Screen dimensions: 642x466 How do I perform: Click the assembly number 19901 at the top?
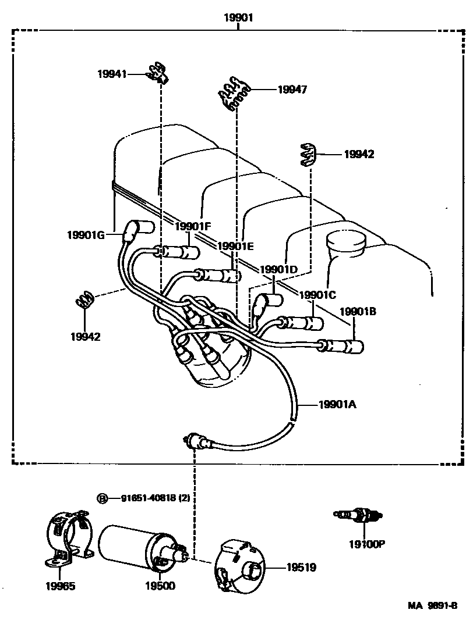pyautogui.click(x=238, y=18)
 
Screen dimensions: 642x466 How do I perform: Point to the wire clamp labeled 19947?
pyautogui.click(x=235, y=93)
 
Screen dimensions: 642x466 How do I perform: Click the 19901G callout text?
pyautogui.click(x=86, y=235)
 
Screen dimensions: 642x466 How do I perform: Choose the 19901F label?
pyautogui.click(x=193, y=226)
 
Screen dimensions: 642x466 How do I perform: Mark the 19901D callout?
pyautogui.click(x=278, y=269)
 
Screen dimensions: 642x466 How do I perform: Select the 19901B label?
pyautogui.click(x=358, y=311)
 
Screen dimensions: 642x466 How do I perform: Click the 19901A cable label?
pyautogui.click(x=337, y=405)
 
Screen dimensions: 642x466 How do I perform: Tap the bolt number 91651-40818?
pyautogui.click(x=155, y=498)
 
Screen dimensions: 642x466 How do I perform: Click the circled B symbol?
pyautogui.click(x=103, y=498)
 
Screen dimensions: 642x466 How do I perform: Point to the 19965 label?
pyautogui.click(x=60, y=586)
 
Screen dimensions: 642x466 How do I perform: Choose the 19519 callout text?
pyautogui.click(x=301, y=567)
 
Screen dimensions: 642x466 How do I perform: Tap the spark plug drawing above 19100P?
pyautogui.click(x=358, y=515)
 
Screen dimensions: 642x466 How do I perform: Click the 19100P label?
pyautogui.click(x=368, y=544)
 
